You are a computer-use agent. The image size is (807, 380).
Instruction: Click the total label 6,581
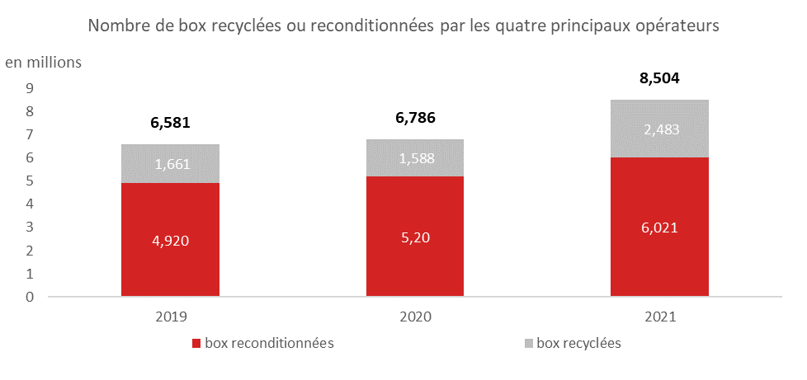170,124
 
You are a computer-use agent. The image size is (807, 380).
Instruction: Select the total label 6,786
415,118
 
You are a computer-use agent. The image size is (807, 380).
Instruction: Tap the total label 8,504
659,79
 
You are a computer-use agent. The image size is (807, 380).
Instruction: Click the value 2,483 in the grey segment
659,129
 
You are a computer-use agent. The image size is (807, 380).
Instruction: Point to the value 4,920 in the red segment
170,241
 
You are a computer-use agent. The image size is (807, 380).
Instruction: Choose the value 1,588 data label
415,158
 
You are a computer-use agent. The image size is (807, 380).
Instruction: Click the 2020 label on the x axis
415,316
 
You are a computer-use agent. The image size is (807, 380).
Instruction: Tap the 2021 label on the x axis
659,316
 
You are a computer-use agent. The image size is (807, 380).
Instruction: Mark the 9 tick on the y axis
29,88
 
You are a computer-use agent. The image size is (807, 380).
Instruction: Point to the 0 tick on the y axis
29,297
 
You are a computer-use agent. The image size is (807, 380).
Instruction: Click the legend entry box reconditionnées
262,343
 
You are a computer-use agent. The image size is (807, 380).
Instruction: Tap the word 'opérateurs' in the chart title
678,26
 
